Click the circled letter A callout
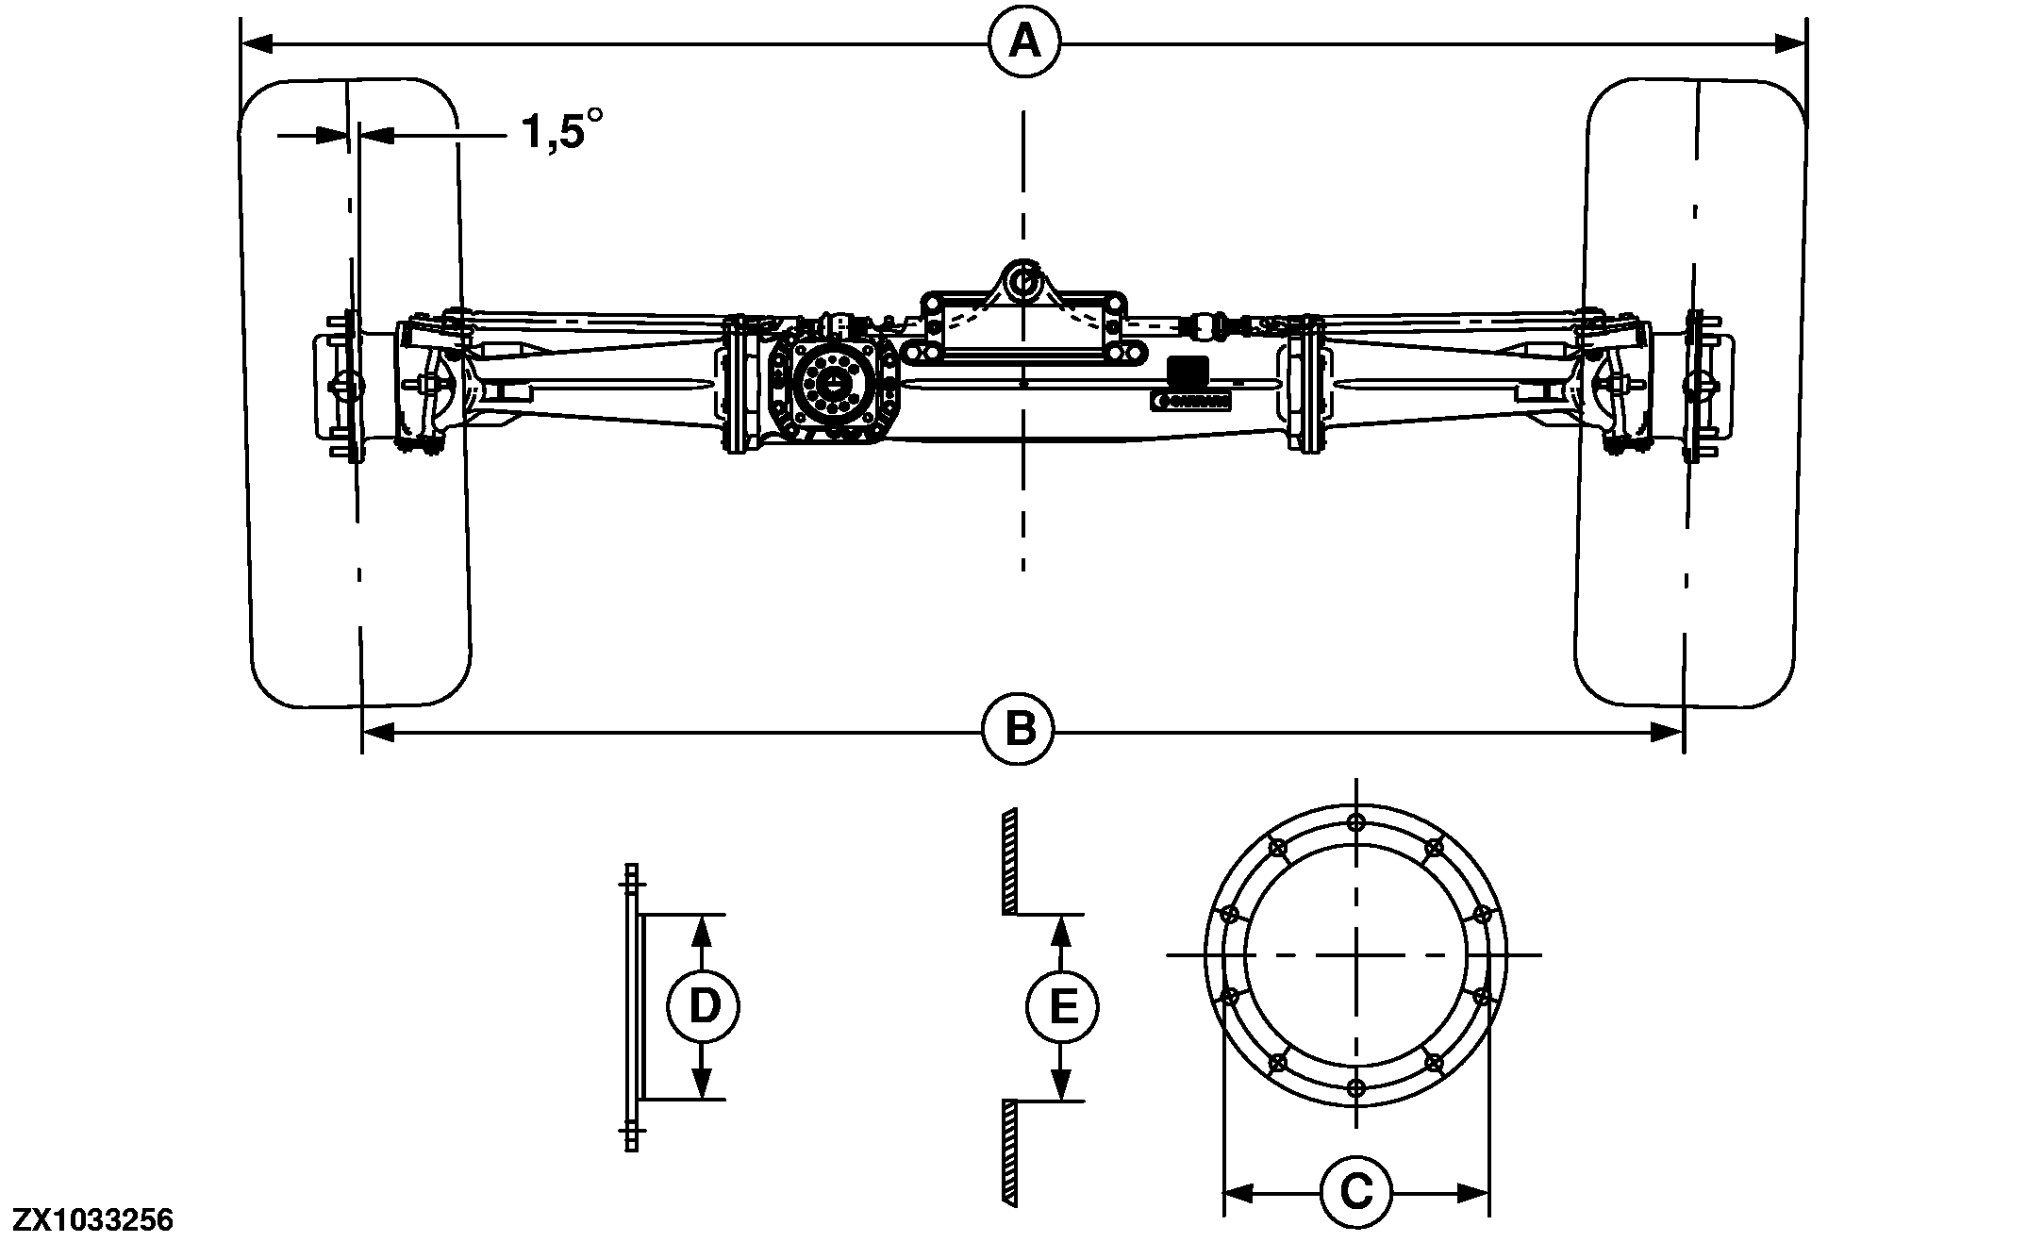coord(1025,42)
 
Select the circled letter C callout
coord(1355,1193)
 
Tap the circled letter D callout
coord(704,1007)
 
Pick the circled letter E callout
coord(1062,1007)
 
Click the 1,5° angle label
coord(559,132)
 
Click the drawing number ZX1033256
coord(92,1220)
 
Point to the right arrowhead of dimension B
coord(1667,732)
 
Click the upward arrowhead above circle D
coord(700,932)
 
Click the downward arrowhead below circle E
coord(1062,1085)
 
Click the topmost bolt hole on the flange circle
coord(1356,821)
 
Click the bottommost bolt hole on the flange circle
coord(1356,1088)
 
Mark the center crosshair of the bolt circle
coord(1356,954)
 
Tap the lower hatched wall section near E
coord(1008,1151)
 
